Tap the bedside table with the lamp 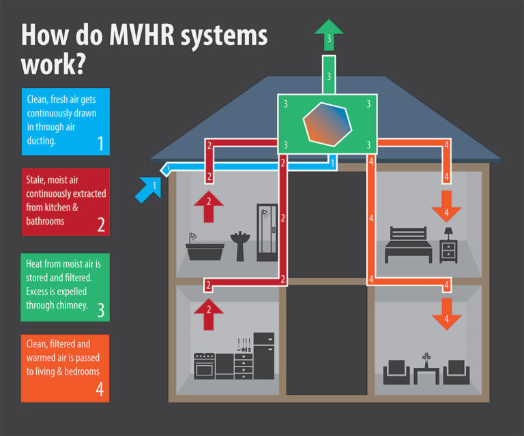pos(448,246)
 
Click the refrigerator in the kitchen pos(263,356)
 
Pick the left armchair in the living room pos(396,372)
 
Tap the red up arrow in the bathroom pos(209,206)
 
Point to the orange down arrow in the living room pos(447,313)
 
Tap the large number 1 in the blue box pos(100,144)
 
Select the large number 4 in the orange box pos(100,390)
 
